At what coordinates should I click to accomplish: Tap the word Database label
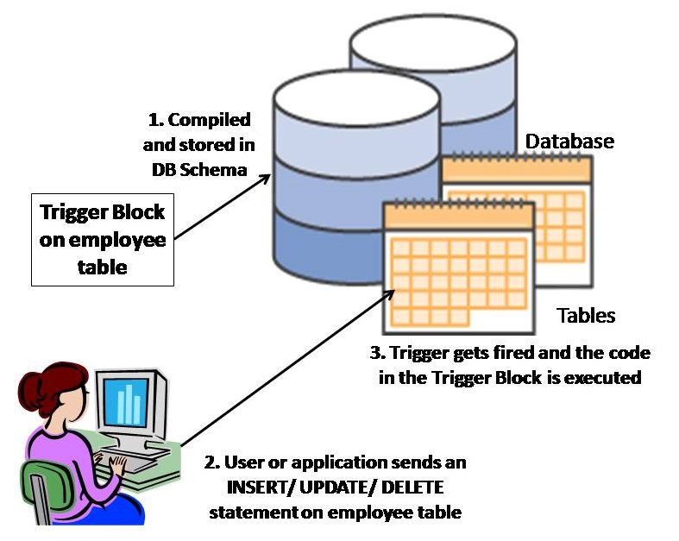click(569, 140)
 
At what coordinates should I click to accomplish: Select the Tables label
click(586, 315)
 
